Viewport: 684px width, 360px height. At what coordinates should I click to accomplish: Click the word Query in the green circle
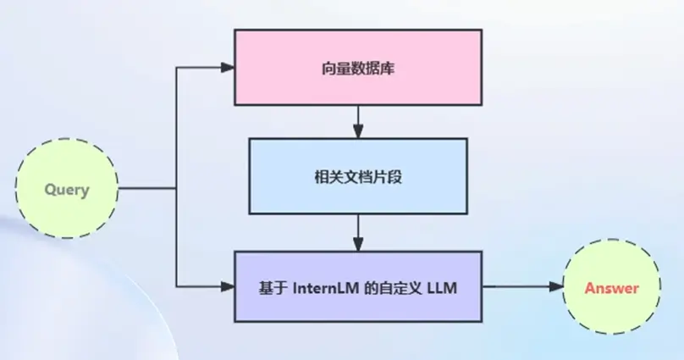[67, 190]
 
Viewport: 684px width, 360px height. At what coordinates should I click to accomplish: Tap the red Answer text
[611, 288]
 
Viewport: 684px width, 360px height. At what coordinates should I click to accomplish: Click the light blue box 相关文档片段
[357, 175]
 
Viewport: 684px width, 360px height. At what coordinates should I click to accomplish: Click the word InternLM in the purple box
[328, 289]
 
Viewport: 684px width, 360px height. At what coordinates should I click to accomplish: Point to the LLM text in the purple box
[442, 289]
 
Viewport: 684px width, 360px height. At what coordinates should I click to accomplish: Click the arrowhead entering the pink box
[227, 67]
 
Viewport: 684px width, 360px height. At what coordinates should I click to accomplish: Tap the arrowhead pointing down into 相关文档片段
[358, 131]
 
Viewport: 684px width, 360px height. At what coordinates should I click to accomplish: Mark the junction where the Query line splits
[176, 188]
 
